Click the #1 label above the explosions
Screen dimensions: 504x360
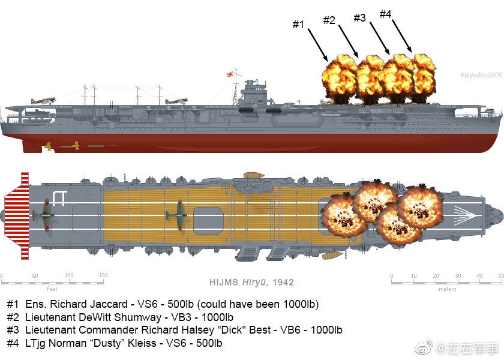298,24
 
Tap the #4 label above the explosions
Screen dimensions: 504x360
385,14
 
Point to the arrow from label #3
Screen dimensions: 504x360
380,38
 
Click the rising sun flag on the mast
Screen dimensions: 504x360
230,74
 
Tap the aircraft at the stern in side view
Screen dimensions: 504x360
43,100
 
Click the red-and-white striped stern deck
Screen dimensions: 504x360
17,215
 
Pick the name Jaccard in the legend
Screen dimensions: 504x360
109,304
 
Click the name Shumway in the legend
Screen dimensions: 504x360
137,317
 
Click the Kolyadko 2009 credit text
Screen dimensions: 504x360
481,75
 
